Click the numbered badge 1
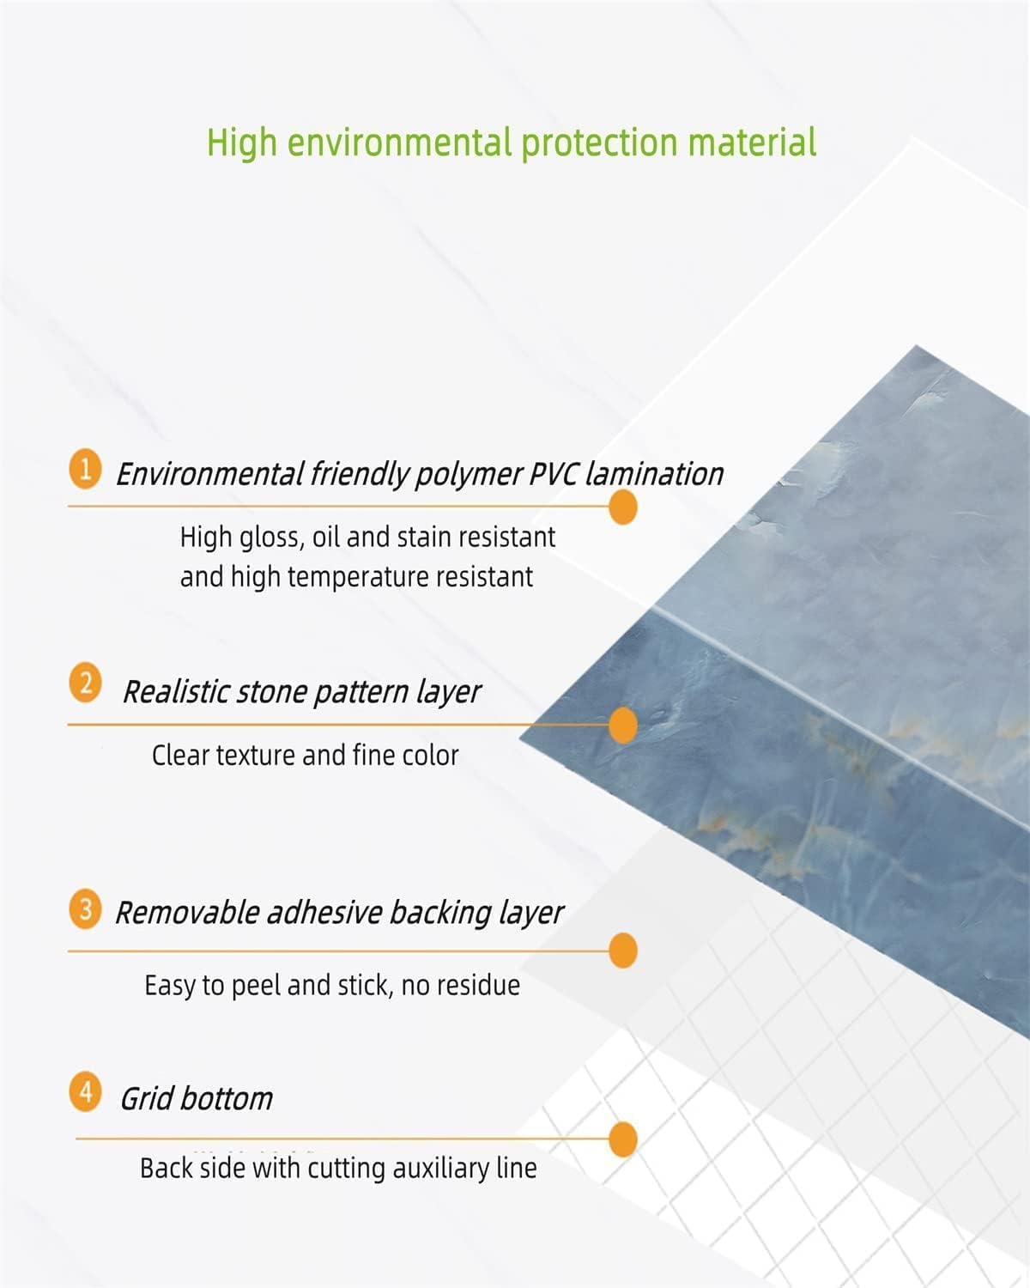coord(85,469)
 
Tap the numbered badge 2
coord(85,682)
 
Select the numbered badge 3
coord(85,908)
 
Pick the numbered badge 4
coord(85,1091)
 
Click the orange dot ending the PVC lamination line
coord(623,507)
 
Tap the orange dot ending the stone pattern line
coord(623,725)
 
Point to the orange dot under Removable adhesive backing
coord(623,951)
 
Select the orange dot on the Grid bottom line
coord(623,1139)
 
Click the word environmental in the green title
coord(399,143)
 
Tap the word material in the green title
coord(752,143)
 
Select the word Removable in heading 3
coord(187,914)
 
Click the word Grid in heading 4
coord(146,1099)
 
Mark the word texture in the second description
coord(256,756)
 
